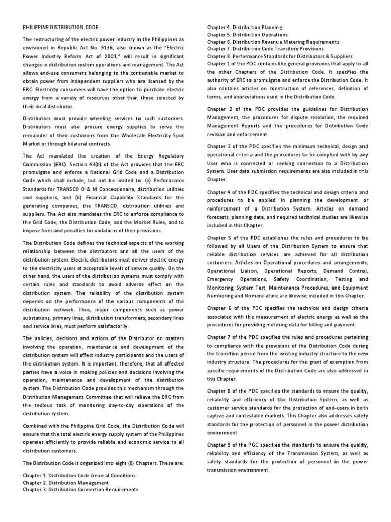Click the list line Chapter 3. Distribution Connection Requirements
pos(80,490)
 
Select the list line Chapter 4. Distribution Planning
pos(244,27)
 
